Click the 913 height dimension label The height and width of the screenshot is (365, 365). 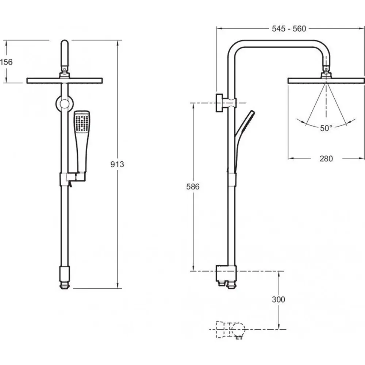click(x=117, y=164)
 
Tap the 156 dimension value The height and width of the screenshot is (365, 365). click(x=6, y=62)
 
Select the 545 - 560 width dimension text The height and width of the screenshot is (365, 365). click(x=289, y=28)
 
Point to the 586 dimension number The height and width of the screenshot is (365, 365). click(x=193, y=187)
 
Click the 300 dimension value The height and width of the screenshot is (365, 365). click(x=278, y=299)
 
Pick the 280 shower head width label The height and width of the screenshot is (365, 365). click(x=326, y=158)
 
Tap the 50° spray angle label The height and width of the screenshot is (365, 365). click(x=326, y=128)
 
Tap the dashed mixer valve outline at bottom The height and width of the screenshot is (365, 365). click(x=230, y=330)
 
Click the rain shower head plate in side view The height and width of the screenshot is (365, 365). click(x=326, y=81)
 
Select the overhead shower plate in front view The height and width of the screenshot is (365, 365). click(x=65, y=81)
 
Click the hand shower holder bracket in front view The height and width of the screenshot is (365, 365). click(x=73, y=179)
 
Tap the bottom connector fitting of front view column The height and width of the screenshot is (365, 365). click(x=65, y=278)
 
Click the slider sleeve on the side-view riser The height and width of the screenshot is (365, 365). click(x=232, y=180)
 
